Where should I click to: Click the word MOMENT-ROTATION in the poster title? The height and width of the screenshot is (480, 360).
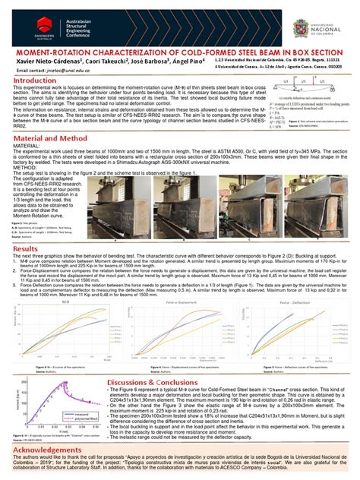pyautogui.click(x=46, y=50)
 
